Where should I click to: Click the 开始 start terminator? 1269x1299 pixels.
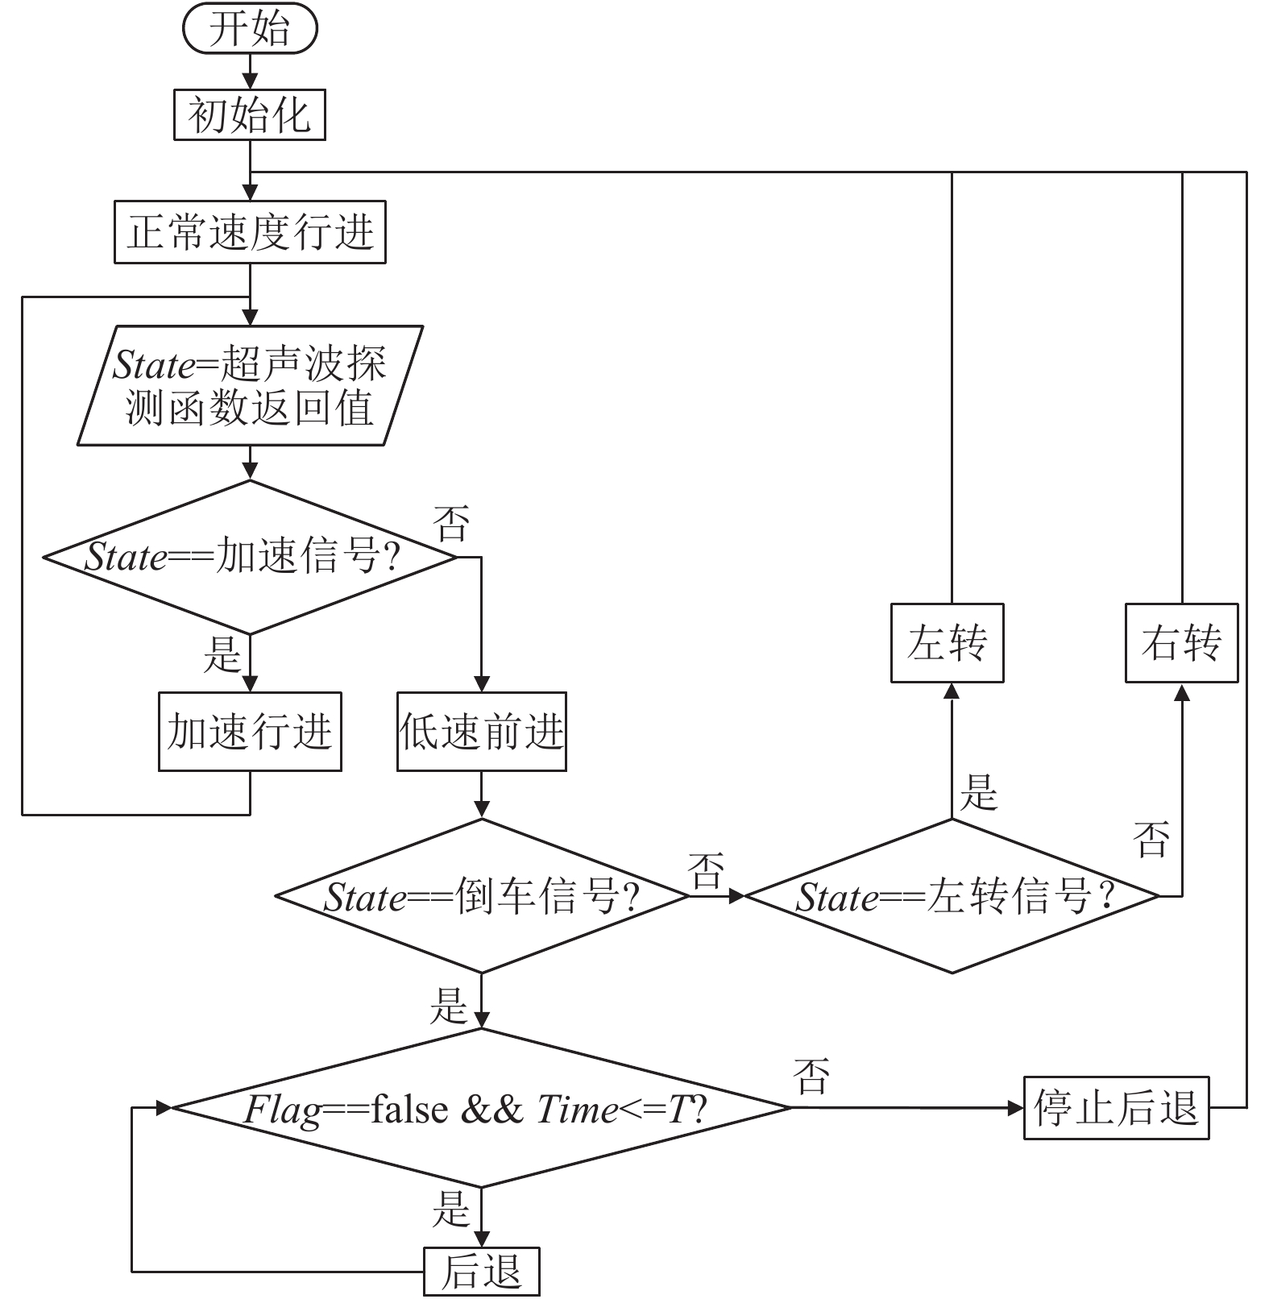pos(250,29)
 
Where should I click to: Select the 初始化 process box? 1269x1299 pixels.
pos(250,114)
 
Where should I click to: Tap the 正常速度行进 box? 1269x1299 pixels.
pos(250,232)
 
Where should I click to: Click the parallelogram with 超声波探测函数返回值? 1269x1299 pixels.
pos(250,385)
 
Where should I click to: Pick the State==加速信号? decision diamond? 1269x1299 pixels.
pos(250,557)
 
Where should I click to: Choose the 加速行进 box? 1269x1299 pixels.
pos(250,732)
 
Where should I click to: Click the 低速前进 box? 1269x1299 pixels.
pos(482,732)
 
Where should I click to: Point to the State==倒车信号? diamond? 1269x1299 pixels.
pos(482,896)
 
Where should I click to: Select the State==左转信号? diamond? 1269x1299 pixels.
pos(952,896)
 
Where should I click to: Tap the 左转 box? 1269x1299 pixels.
pos(948,643)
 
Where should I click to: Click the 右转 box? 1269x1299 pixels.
pos(1181,643)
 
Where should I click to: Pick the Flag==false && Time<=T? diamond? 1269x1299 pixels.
pos(482,1108)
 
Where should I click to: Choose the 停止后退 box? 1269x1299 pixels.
pos(1117,1108)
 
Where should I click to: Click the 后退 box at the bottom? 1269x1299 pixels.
pos(482,1272)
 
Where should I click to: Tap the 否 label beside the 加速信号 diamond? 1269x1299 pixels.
pos(451,524)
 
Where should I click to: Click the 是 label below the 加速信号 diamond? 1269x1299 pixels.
pos(222,654)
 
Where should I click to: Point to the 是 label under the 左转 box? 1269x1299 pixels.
pos(979,791)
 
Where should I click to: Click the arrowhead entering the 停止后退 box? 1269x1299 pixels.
pos(1016,1108)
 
